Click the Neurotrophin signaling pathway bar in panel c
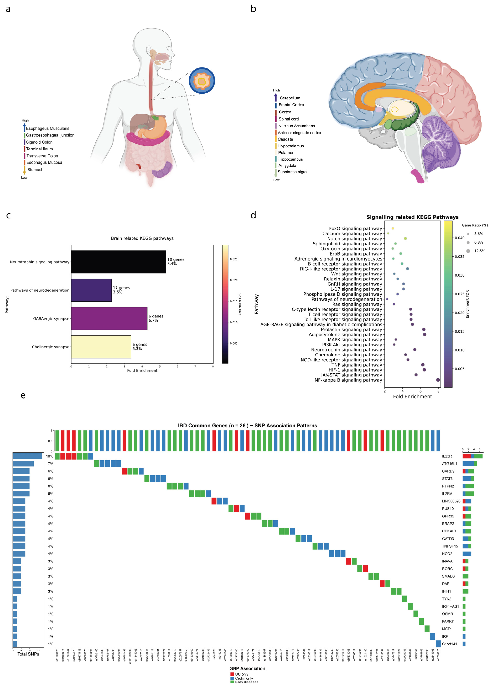[x=118, y=262]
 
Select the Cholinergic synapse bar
[x=101, y=347]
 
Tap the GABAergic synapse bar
[x=109, y=318]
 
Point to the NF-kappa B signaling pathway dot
[x=438, y=380]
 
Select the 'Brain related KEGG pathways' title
[x=142, y=238]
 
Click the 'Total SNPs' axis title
[x=28, y=654]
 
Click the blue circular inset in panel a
[x=202, y=81]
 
